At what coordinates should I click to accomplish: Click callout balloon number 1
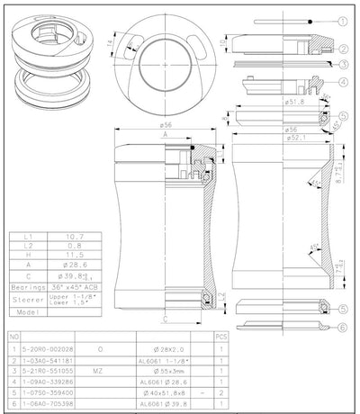tap(344, 20)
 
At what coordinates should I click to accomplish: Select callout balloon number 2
tap(344, 49)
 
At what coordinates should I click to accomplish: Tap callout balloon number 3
tap(344, 65)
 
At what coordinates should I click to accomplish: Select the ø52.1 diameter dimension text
tap(271, 138)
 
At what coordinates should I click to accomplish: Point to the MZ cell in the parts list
tap(100, 370)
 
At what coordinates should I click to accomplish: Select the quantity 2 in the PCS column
tap(221, 393)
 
